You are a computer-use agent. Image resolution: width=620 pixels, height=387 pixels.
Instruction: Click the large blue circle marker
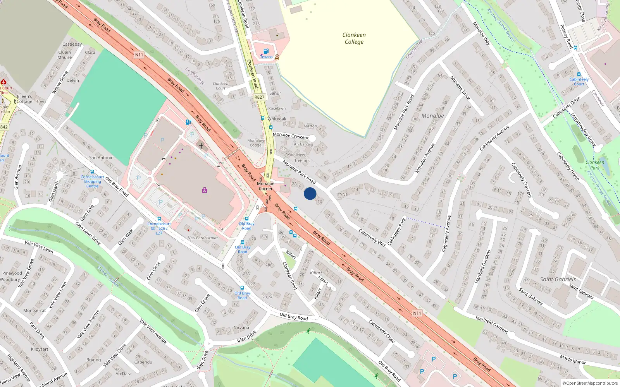pos(310,193)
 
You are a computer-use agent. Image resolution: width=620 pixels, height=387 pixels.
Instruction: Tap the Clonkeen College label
pos(354,38)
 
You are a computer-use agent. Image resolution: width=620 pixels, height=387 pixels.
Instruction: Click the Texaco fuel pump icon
pos(266,51)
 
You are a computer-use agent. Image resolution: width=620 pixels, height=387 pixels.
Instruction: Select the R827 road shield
pos(259,97)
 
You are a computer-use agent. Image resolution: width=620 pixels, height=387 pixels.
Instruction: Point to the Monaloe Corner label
pos(266,186)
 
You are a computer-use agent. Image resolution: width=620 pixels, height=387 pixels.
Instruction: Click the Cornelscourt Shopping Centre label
pos(92,182)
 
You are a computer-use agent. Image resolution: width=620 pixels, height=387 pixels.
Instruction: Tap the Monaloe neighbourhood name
pos(432,116)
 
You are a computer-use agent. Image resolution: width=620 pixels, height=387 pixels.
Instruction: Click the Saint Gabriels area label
pos(558,279)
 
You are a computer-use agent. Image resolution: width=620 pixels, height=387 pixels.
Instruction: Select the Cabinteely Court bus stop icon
pos(579,74)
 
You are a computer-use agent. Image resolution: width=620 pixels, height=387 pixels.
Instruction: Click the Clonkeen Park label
pos(595,165)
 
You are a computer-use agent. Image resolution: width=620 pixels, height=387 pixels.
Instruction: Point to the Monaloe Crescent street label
pos(291,135)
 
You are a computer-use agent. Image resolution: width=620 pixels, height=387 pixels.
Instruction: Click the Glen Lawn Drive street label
pos(88,233)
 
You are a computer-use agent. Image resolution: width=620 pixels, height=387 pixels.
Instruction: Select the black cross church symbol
pos(201,146)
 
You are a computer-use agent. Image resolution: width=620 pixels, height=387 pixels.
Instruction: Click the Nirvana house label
pos(241,327)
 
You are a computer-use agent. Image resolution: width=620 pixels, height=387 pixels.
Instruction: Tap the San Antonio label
pos(101,158)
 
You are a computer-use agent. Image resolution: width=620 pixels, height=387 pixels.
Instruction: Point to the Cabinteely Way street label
pos(372,238)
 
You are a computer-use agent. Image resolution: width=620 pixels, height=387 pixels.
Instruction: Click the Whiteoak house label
pos(277,119)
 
